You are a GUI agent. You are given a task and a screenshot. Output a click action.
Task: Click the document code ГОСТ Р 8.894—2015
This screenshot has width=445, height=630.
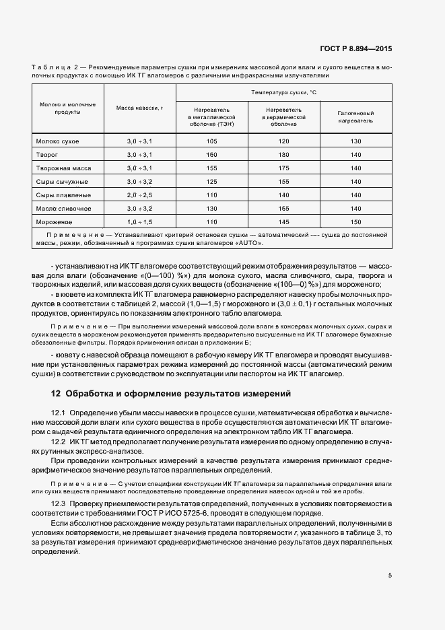(x=355, y=49)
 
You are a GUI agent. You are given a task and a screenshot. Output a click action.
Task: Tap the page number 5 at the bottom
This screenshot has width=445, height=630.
(x=390, y=575)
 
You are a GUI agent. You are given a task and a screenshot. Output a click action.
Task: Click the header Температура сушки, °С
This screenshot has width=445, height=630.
(x=283, y=92)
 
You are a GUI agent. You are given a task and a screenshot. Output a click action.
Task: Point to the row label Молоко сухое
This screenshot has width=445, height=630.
(x=57, y=141)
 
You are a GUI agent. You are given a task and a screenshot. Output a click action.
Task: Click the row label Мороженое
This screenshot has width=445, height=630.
(x=55, y=221)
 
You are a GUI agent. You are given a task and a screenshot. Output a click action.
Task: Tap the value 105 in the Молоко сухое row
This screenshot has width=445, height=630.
(x=212, y=141)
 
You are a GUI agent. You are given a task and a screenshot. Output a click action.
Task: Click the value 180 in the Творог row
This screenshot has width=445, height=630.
(x=283, y=155)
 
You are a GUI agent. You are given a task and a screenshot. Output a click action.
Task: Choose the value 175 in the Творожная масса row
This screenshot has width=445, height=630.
(x=283, y=168)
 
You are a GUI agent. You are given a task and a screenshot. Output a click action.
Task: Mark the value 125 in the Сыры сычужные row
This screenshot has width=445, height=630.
(x=212, y=182)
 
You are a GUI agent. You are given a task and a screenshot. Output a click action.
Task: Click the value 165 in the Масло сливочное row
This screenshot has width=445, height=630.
(x=283, y=208)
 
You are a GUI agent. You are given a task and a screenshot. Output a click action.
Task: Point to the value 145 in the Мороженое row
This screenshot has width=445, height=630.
(x=283, y=221)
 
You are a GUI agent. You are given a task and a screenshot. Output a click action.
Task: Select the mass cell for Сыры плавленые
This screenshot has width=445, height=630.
(x=139, y=195)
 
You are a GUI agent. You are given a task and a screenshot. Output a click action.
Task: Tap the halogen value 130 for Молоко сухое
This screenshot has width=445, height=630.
(x=355, y=141)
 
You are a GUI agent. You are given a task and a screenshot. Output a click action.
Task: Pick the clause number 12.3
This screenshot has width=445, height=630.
(x=58, y=503)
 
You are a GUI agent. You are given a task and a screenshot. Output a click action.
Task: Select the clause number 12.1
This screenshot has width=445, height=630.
(x=58, y=413)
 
